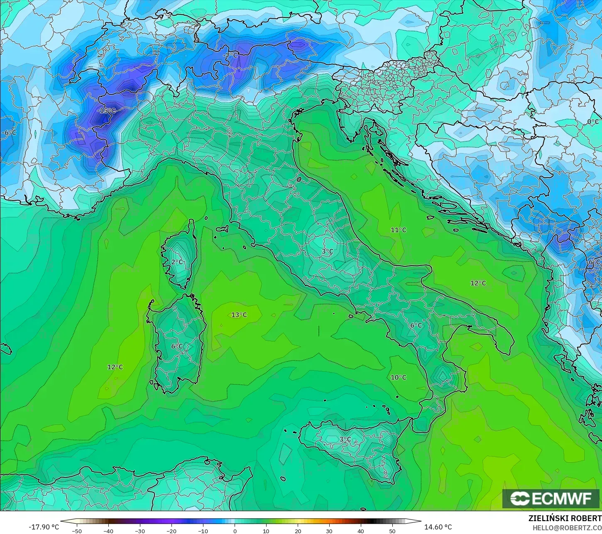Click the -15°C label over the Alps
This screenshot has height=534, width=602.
pyautogui.click(x=106, y=111)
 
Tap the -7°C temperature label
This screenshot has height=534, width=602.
pyautogui.click(x=230, y=56)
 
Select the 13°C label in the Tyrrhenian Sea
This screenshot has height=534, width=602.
pyautogui.click(x=239, y=315)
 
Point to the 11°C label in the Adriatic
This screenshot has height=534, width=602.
pyautogui.click(x=398, y=230)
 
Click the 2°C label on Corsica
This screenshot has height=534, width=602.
pyautogui.click(x=177, y=262)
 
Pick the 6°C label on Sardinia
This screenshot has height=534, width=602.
pyautogui.click(x=177, y=346)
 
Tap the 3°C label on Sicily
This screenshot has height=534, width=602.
pyautogui.click(x=345, y=439)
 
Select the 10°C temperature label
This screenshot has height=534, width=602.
pyautogui.click(x=398, y=377)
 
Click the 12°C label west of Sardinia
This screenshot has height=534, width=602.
pyautogui.click(x=115, y=367)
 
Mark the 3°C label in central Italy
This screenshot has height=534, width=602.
pyautogui.click(x=327, y=251)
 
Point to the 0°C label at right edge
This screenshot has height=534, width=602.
pyautogui.click(x=593, y=122)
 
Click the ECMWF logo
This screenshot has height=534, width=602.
pyautogui.click(x=551, y=499)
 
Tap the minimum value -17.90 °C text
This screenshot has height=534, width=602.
pyautogui.click(x=44, y=527)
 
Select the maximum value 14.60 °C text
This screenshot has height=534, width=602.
pyautogui.click(x=438, y=527)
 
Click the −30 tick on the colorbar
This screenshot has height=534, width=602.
pyautogui.click(x=140, y=531)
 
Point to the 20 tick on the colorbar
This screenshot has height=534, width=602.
pyautogui.click(x=298, y=531)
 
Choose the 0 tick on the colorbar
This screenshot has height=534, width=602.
pyautogui.click(x=235, y=531)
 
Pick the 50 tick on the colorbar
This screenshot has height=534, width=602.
pyautogui.click(x=392, y=531)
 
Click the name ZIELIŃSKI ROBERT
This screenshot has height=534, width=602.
pyautogui.click(x=565, y=519)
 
